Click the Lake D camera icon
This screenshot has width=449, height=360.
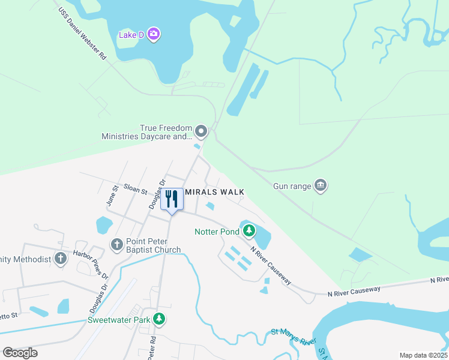click(x=154, y=34)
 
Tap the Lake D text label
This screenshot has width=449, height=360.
click(x=131, y=35)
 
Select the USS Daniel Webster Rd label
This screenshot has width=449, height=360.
click(x=82, y=34)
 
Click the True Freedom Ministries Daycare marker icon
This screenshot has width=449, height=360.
click(x=201, y=131)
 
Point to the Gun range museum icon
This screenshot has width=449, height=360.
click(x=321, y=185)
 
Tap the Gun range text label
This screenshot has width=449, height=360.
click(x=292, y=187)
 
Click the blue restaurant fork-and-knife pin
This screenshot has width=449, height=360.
click(x=172, y=200)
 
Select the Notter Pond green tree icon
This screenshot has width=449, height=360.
click(x=248, y=230)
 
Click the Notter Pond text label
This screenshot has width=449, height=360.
click(x=217, y=232)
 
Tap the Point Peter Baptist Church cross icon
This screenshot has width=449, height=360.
click(x=117, y=244)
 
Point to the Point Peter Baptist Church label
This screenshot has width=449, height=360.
click(x=153, y=245)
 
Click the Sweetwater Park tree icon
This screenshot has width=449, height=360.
click(x=158, y=319)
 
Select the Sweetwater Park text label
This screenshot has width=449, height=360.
click(x=119, y=320)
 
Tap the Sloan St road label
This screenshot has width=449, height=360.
click(x=135, y=190)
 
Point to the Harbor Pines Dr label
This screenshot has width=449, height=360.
click(x=91, y=264)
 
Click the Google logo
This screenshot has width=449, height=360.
click(x=20, y=353)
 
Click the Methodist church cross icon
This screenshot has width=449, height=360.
click(x=60, y=259)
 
